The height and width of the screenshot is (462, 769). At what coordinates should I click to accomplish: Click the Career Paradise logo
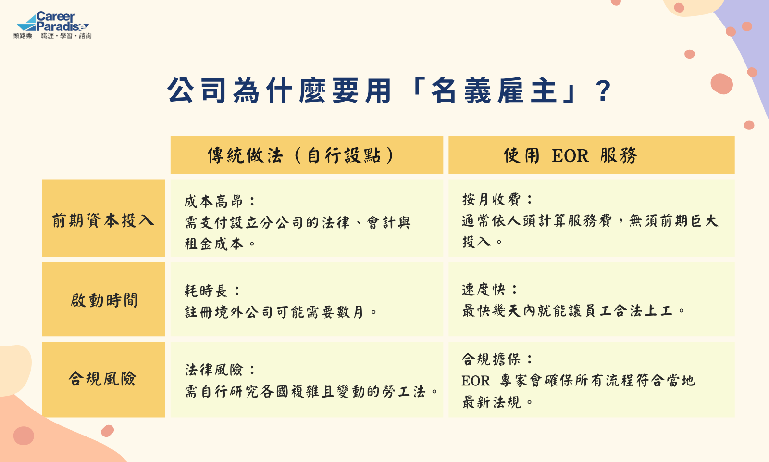pos(52,25)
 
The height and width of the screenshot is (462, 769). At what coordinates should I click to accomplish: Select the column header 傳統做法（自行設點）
pos(300,155)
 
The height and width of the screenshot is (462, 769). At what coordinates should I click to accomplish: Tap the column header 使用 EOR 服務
pos(570,155)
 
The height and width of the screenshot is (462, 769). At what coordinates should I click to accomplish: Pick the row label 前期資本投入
pos(103,220)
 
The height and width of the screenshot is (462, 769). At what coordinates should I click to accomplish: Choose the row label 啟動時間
pos(104,300)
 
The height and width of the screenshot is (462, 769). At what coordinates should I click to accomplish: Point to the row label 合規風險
pos(103,379)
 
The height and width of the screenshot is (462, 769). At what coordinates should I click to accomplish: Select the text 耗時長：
pos(212,291)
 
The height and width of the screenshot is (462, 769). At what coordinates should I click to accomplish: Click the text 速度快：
pos(490,289)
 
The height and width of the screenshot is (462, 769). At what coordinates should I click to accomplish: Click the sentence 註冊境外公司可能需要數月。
pos(281,312)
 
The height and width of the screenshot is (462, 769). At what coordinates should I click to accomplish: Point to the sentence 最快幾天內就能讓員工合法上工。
pos(574,311)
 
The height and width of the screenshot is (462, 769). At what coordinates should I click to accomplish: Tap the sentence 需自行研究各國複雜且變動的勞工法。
pos(311,392)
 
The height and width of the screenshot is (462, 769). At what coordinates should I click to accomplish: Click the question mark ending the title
pos(603,91)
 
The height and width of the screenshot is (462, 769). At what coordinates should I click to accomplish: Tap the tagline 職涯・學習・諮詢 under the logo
pos(66,36)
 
